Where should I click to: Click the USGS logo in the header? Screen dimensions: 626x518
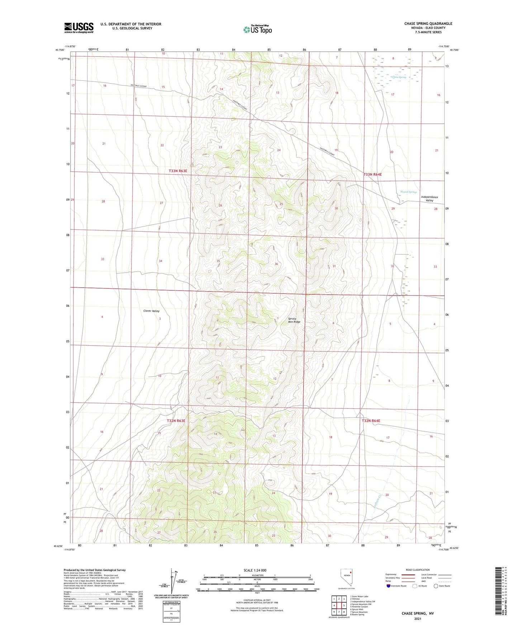tap(79, 28)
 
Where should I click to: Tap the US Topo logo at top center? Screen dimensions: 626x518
tap(257, 29)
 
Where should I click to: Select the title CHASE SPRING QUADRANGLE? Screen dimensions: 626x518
tap(428, 24)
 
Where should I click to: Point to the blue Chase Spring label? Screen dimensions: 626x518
tap(399, 77)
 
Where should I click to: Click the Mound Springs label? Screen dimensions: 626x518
tap(408, 192)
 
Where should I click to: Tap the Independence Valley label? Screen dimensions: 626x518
tap(429, 199)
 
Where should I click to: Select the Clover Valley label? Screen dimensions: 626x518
tap(151, 311)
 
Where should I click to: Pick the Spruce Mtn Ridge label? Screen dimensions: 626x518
tap(294, 320)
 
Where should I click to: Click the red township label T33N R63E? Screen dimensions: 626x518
tap(178, 171)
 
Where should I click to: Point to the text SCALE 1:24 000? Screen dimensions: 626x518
tap(255, 570)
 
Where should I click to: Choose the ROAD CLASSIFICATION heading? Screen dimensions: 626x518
tap(418, 570)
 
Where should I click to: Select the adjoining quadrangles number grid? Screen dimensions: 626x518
tap(339, 606)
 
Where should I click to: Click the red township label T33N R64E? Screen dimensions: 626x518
tap(372, 174)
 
